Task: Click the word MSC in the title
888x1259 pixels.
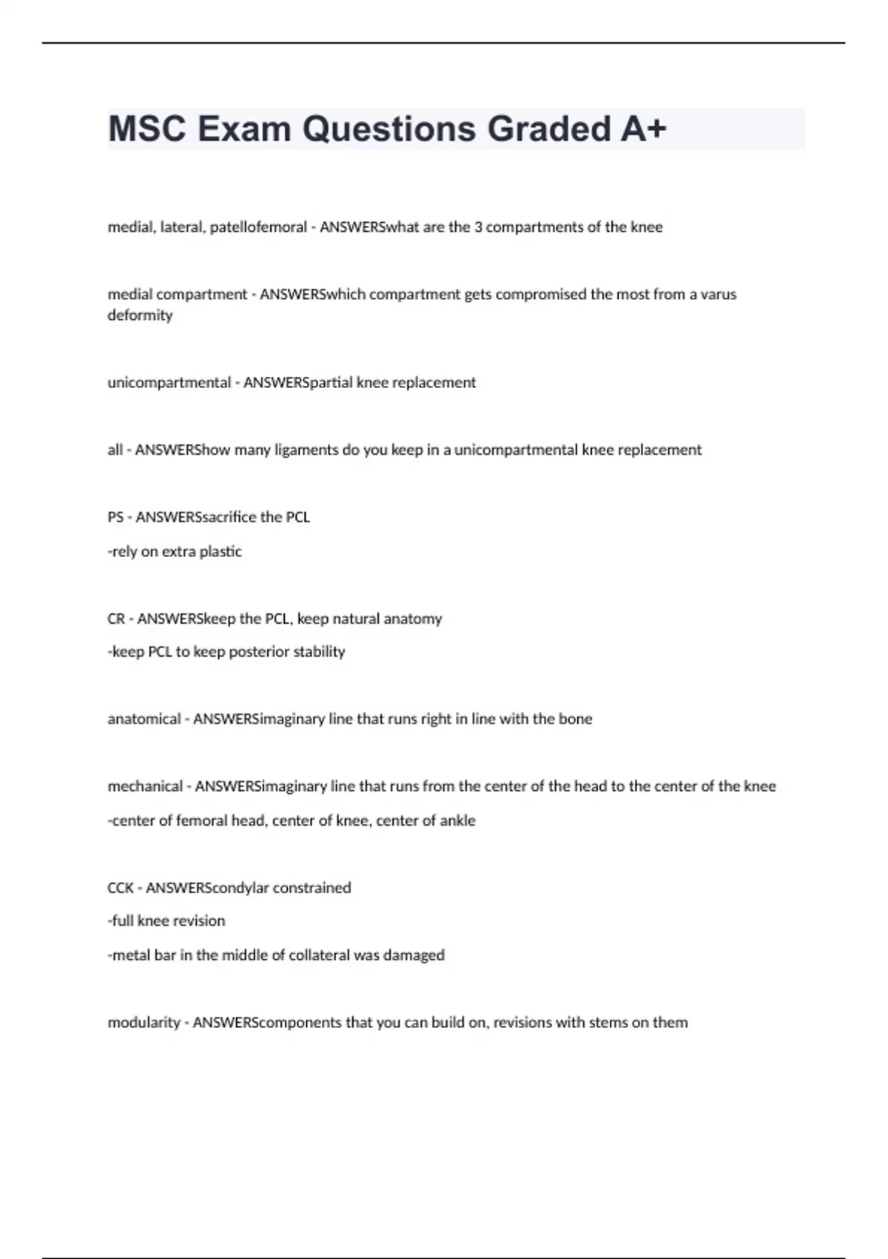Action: [x=147, y=129]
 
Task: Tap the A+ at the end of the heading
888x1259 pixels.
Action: [x=643, y=129]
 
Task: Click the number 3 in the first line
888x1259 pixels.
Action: [x=478, y=227]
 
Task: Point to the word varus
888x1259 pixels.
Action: [x=719, y=294]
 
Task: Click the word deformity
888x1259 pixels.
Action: [x=140, y=315]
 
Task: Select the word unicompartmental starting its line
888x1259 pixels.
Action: [x=169, y=383]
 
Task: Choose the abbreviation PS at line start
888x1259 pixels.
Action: [x=115, y=517]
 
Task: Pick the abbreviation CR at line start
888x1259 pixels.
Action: [x=116, y=618]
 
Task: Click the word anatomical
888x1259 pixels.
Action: [x=144, y=719]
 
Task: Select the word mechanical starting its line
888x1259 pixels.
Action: [x=145, y=787]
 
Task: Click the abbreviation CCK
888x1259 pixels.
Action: [x=121, y=888]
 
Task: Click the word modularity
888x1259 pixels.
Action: [x=144, y=1023]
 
